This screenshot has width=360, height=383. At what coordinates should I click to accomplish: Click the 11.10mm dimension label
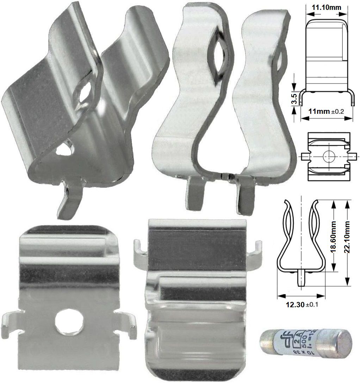[326, 7]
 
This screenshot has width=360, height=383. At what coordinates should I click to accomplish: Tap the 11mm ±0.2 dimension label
[326, 111]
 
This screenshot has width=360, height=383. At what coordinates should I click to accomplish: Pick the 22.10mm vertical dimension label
[348, 243]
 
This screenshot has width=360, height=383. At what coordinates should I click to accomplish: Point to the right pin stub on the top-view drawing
[354, 155]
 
